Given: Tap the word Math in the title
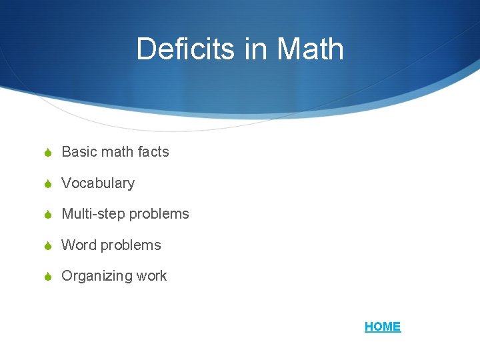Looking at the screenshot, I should tap(310, 49).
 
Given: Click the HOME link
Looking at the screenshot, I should tap(383, 327).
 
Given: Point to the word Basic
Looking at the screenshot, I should tap(79, 152).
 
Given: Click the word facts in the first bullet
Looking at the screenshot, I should tap(153, 152).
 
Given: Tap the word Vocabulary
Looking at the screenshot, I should tap(98, 183).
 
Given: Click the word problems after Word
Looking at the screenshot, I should tap(131, 245).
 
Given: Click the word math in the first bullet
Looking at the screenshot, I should tap(118, 152).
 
